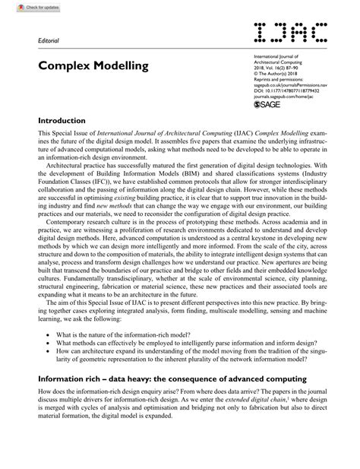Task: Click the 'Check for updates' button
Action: pyautogui.click(x=24, y=6)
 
